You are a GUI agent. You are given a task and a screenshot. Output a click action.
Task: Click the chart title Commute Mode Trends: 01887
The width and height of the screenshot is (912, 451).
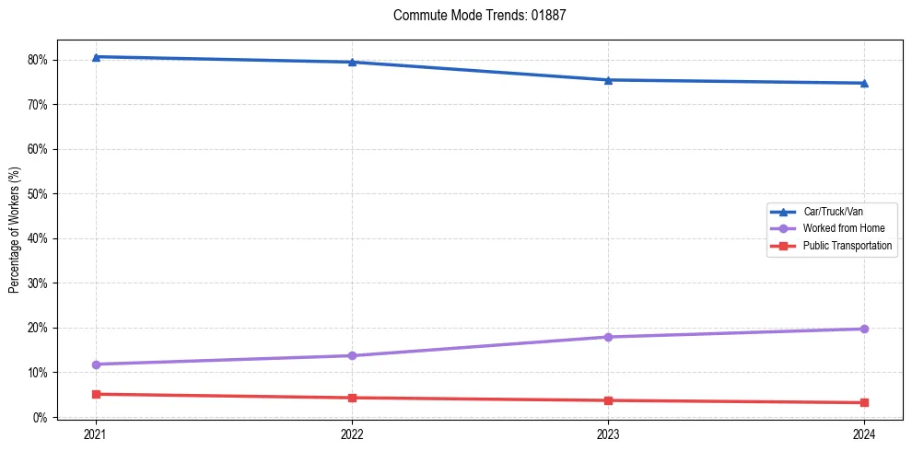(473, 16)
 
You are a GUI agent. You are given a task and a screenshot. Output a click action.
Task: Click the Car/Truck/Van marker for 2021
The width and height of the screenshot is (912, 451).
(96, 57)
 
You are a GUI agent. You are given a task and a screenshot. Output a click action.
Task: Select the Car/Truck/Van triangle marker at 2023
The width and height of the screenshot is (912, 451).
(608, 80)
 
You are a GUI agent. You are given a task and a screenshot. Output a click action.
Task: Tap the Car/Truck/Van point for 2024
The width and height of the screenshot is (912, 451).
(864, 83)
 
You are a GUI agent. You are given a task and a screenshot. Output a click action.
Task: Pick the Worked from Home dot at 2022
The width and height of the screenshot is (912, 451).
(352, 355)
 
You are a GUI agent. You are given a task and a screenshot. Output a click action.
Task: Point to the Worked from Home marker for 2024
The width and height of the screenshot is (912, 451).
(864, 329)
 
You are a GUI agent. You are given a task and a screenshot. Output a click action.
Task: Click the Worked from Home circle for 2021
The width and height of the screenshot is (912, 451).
(96, 364)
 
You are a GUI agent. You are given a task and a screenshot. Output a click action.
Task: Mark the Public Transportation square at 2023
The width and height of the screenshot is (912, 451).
(608, 400)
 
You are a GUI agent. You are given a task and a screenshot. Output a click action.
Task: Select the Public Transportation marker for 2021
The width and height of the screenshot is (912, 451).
(96, 394)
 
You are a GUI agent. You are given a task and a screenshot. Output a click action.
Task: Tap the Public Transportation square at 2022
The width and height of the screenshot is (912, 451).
(352, 398)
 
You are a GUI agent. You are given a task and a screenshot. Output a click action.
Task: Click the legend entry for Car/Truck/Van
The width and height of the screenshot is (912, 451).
(833, 212)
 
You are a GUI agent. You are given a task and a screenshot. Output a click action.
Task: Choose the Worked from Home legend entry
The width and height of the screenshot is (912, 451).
(839, 228)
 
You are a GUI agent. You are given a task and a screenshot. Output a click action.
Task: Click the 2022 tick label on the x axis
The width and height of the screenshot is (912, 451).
(352, 434)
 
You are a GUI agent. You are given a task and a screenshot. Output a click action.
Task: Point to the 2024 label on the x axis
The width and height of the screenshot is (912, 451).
(864, 434)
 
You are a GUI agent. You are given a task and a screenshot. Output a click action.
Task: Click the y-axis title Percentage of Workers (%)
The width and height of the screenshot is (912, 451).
(15, 229)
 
